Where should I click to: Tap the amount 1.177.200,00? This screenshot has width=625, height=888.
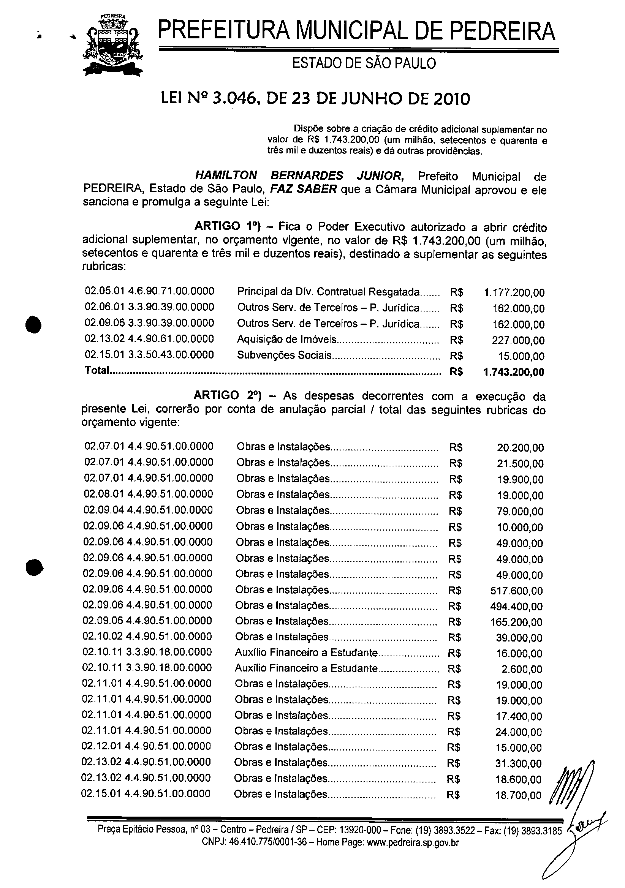pyautogui.click(x=514, y=292)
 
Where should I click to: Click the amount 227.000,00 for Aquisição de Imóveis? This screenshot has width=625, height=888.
pyautogui.click(x=518, y=340)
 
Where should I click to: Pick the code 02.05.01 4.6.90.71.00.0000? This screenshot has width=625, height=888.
pyautogui.click(x=149, y=291)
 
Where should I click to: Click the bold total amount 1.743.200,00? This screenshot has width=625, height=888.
pyautogui.click(x=514, y=372)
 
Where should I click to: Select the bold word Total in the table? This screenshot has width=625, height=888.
pyautogui.click(x=97, y=371)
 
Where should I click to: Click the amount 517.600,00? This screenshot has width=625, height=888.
pyautogui.click(x=516, y=591)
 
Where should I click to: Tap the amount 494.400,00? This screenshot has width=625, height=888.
pyautogui.click(x=516, y=607)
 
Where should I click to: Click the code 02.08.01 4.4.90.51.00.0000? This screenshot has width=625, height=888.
pyautogui.click(x=149, y=494)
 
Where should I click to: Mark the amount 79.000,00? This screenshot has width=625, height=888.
pyautogui.click(x=520, y=511)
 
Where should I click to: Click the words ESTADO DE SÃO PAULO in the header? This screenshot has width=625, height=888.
pyautogui.click(x=363, y=63)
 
